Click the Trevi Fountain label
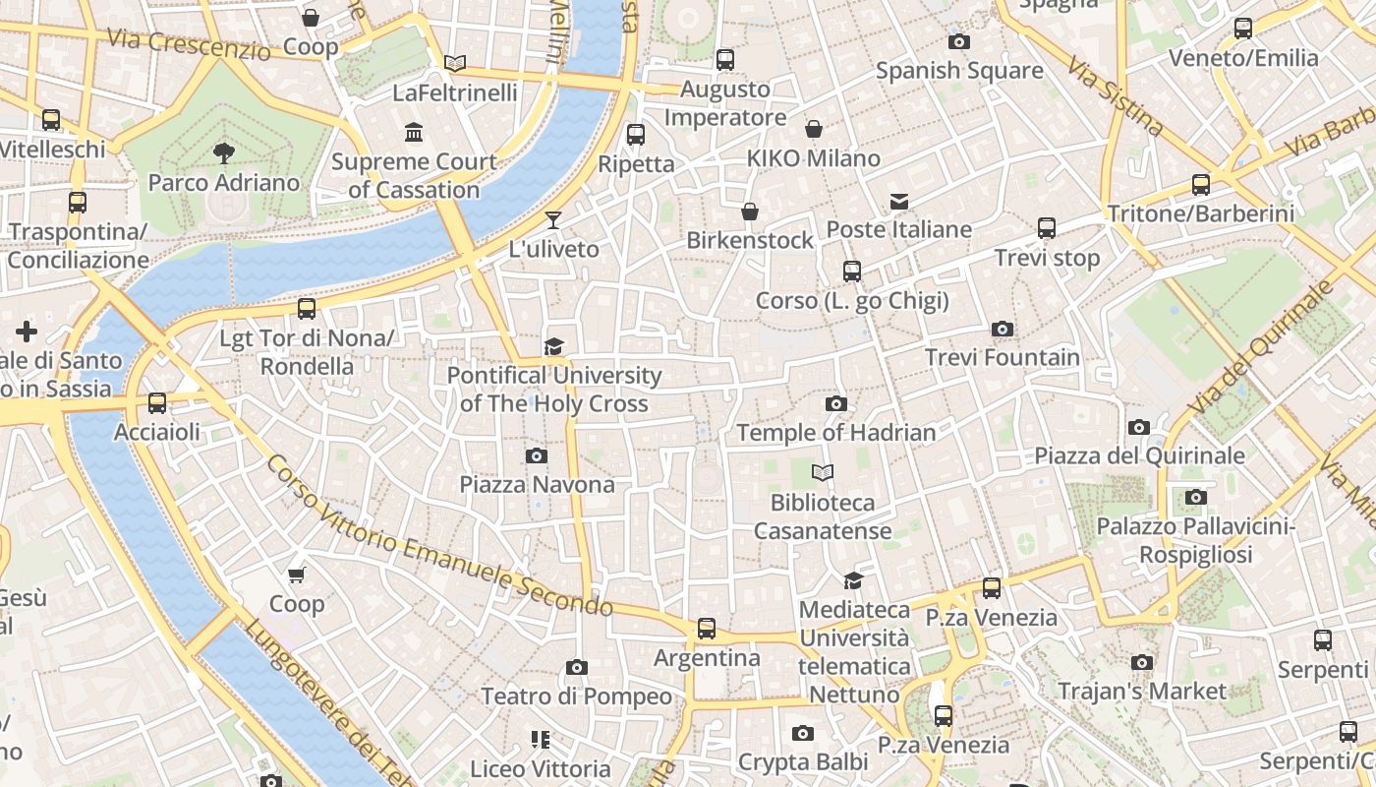pyautogui.click(x=1002, y=357)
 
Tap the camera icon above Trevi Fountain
pyautogui.click(x=1002, y=329)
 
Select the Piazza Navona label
pyautogui.click(x=537, y=484)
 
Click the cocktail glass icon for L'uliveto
pyautogui.click(x=553, y=219)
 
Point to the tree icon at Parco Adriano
pyautogui.click(x=223, y=152)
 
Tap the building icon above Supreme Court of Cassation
pyautogui.click(x=414, y=132)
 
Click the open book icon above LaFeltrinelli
pyautogui.click(x=454, y=63)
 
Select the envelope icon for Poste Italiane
pyautogui.click(x=898, y=201)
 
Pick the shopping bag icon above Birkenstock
pyautogui.click(x=750, y=212)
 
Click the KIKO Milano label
pyautogui.click(x=813, y=158)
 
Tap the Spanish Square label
pyautogui.click(x=958, y=71)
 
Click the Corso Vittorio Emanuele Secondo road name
pyautogui.click(x=438, y=535)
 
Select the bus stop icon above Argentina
pyautogui.click(x=706, y=628)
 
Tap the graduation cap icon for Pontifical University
pyautogui.click(x=553, y=346)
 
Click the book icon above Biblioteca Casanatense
pyautogui.click(x=823, y=473)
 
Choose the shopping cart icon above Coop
pyautogui.click(x=297, y=575)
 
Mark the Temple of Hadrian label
pyautogui.click(x=835, y=432)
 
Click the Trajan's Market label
pyautogui.click(x=1141, y=692)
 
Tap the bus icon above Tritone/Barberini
pyautogui.click(x=1200, y=184)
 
